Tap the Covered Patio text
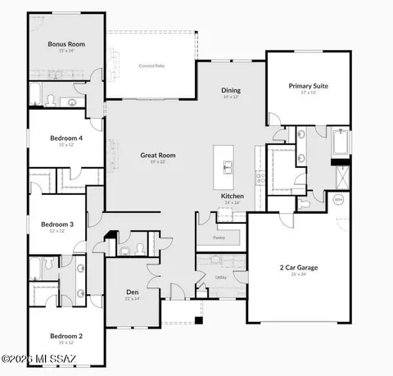coord(152,65)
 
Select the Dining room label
coord(231,91)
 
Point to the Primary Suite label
coord(308,85)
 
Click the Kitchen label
coord(233,197)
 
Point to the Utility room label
coord(221,278)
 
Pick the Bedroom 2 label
coord(65,335)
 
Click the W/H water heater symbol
coord(338,198)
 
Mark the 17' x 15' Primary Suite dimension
coord(308,92)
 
